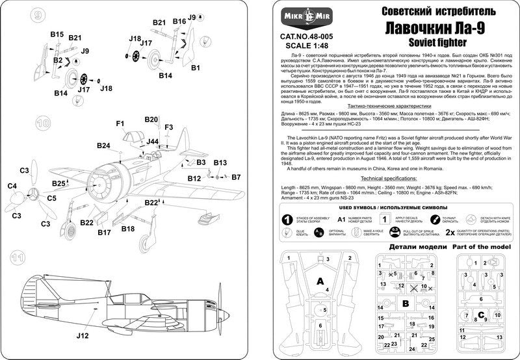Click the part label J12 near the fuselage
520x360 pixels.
(81, 336)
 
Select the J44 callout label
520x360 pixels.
(153, 141)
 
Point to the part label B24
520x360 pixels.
(104, 145)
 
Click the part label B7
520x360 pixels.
(236, 177)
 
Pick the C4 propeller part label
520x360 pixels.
(12, 186)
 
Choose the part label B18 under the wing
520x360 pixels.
(128, 228)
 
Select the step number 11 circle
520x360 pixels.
(20, 258)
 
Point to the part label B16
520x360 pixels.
(179, 21)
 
